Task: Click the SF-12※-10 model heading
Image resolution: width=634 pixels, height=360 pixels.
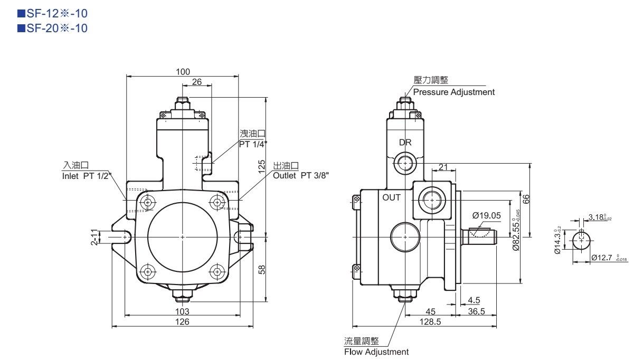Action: (x=49, y=14)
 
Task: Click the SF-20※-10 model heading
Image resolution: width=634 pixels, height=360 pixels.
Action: (x=49, y=27)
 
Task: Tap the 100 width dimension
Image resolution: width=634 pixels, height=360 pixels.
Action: (x=183, y=72)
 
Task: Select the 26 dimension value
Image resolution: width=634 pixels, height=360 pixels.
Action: (x=196, y=82)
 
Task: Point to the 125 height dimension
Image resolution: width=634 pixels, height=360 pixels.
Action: (x=261, y=166)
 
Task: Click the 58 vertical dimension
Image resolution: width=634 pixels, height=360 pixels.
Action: (x=261, y=269)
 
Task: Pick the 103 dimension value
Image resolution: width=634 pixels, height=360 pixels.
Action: (x=182, y=311)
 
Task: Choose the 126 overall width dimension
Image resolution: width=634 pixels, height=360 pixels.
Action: (x=182, y=321)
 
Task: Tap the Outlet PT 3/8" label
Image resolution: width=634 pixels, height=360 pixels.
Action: (x=301, y=176)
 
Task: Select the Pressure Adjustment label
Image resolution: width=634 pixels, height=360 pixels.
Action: (x=454, y=92)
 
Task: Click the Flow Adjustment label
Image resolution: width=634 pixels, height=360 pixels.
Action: (x=376, y=352)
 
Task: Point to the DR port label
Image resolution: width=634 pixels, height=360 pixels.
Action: (x=405, y=143)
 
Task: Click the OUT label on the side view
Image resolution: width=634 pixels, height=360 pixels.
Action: (x=392, y=198)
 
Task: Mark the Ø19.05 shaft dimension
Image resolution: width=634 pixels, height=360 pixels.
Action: (x=486, y=215)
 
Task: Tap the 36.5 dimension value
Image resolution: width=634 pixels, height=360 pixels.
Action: (x=476, y=311)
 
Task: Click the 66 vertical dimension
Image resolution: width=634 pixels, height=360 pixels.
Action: (x=526, y=199)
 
